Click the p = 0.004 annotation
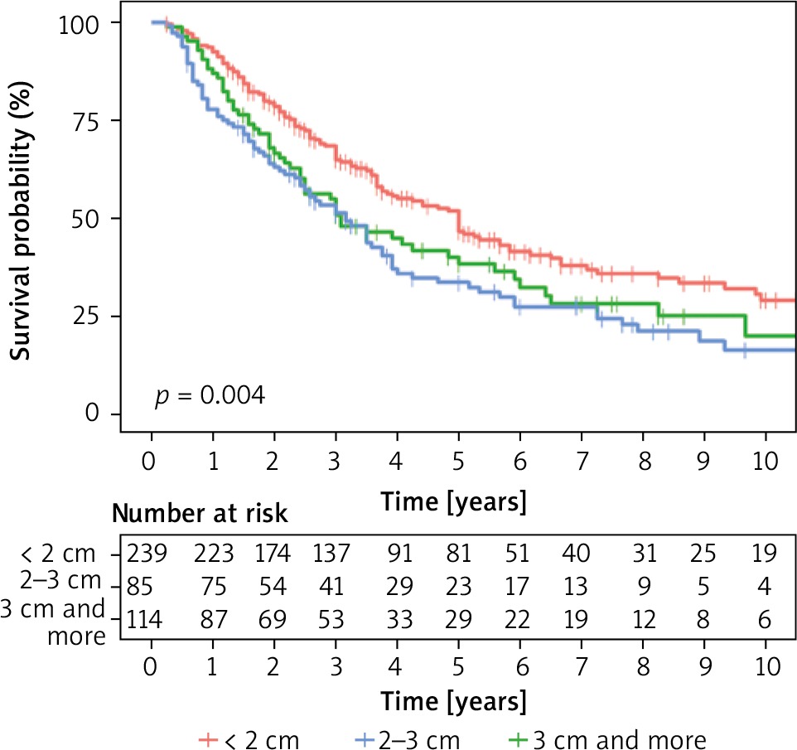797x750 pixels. (210, 396)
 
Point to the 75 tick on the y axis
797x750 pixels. (85, 121)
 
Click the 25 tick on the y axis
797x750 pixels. (85, 317)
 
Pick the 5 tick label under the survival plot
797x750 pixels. (458, 459)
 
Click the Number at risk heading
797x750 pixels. (200, 514)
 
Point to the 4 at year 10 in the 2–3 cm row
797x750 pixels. (764, 586)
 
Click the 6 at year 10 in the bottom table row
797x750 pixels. (764, 618)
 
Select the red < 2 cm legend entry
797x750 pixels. (249, 738)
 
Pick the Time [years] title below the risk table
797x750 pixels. (453, 701)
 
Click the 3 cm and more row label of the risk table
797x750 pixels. (56, 622)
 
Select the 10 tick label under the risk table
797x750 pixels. (764, 667)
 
